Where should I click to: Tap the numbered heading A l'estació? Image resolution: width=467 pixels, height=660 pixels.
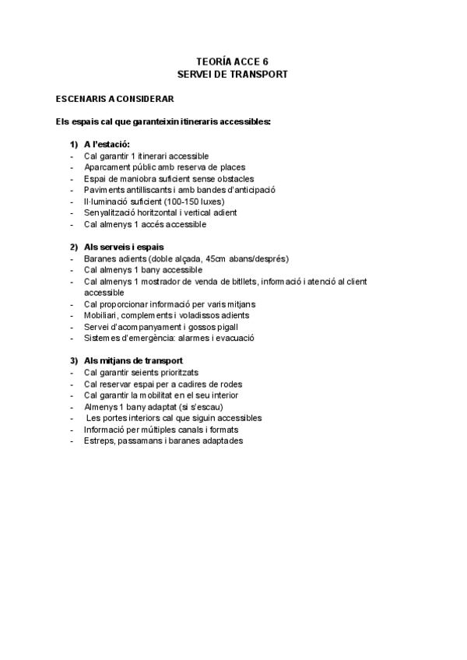[107, 145]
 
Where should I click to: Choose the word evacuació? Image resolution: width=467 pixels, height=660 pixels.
[233, 339]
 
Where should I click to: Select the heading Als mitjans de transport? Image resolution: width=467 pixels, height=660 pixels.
[133, 361]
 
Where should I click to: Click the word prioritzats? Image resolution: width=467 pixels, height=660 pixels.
[187, 373]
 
